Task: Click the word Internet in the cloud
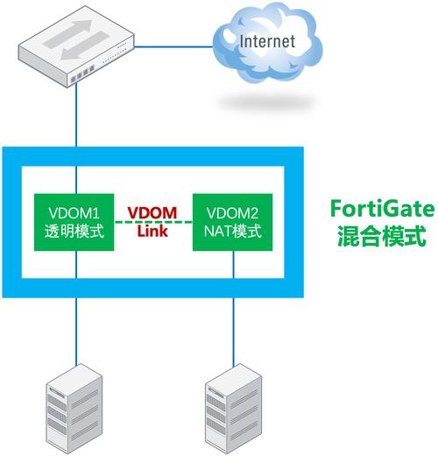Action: coord(267,41)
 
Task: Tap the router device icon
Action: coord(76,46)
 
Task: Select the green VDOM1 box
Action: coord(74,222)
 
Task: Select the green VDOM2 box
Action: coord(233,222)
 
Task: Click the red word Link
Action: coord(152,231)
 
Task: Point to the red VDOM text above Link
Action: coord(152,213)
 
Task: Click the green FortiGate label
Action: coord(382,209)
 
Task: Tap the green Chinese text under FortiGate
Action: coord(382,236)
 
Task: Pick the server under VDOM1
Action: coord(74,409)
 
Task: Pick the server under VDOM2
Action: coord(233,409)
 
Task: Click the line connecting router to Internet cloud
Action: coord(173,46)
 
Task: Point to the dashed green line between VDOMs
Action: coord(153,222)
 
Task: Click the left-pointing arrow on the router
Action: coord(85,46)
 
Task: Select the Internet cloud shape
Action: coord(267,42)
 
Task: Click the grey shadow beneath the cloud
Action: coord(267,103)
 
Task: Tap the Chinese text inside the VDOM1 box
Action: coord(74,232)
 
